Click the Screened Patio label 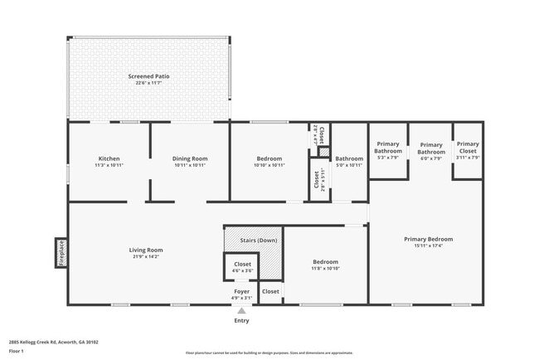(148, 75)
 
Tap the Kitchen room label (109, 158)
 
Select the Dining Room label (190, 158)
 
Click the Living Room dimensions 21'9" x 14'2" (146, 257)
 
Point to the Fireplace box (61, 253)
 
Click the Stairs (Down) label (259, 241)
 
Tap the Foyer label (240, 291)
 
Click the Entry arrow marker (241, 310)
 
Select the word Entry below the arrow (241, 320)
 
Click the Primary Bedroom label (428, 239)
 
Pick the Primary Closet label (468, 148)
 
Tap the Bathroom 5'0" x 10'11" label (349, 158)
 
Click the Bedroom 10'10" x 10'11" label (269, 158)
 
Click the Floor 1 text (17, 351)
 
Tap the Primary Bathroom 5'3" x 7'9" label (388, 148)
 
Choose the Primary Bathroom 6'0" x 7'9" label (431, 148)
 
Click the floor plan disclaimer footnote (270, 353)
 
